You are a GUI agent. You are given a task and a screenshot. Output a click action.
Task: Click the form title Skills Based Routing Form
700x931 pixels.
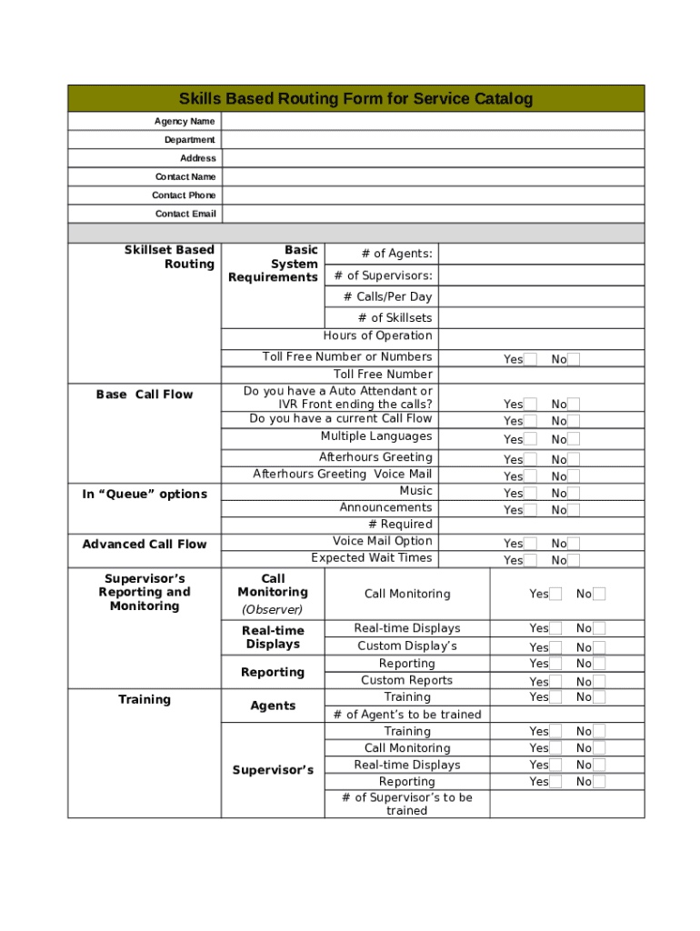[355, 98]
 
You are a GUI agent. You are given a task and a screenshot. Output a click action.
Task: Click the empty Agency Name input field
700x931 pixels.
[433, 121]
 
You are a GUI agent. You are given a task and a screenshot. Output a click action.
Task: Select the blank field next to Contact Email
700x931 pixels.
[433, 214]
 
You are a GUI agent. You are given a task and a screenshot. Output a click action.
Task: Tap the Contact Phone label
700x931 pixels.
[184, 195]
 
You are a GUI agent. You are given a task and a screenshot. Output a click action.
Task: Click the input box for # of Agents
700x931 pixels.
[540, 254]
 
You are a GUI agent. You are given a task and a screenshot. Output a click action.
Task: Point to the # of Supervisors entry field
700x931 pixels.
[540, 275]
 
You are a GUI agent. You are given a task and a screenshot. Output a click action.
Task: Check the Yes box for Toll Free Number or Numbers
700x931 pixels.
[531, 359]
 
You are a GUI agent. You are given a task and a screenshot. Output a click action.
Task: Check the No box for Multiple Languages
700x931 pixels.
[574, 439]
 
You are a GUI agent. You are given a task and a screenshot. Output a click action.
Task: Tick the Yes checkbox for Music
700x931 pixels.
[531, 493]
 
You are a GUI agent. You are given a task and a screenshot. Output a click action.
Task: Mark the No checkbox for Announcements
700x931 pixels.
[574, 510]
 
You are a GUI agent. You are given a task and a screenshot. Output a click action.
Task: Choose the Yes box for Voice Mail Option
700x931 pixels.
[531, 543]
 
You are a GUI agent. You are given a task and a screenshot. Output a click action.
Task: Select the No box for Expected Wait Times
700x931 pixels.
[574, 560]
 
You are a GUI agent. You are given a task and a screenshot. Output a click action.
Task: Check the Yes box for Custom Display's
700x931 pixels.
[555, 646]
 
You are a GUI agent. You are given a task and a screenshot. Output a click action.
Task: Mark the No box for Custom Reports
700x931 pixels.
[599, 681]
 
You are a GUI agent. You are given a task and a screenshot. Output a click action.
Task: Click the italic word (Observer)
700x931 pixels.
[273, 609]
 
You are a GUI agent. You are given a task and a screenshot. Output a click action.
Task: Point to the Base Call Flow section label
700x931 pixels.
[145, 395]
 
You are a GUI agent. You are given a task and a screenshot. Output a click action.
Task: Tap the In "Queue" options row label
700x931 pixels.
[145, 494]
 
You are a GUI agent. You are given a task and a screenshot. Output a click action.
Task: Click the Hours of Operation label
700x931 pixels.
[377, 335]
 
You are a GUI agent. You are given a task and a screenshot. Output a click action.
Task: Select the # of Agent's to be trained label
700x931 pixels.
[407, 715]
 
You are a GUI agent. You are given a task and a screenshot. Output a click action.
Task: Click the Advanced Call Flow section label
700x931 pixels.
[145, 544]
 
